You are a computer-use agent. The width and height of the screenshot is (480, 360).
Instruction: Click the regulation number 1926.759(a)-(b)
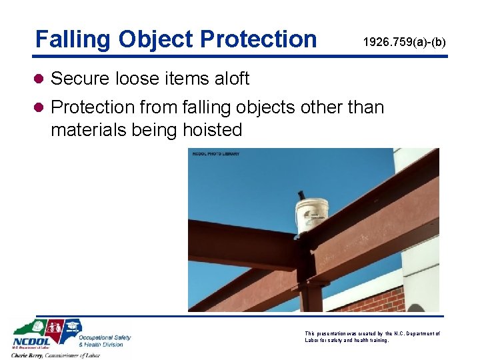(404, 43)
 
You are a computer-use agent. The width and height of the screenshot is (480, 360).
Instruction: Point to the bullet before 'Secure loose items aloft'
(41, 79)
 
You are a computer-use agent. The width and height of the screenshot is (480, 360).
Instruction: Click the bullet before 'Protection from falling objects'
(41, 107)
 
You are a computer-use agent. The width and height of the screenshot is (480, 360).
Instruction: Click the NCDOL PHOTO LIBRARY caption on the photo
(215, 154)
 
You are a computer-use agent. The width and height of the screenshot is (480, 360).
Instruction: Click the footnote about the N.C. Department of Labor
(371, 337)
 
